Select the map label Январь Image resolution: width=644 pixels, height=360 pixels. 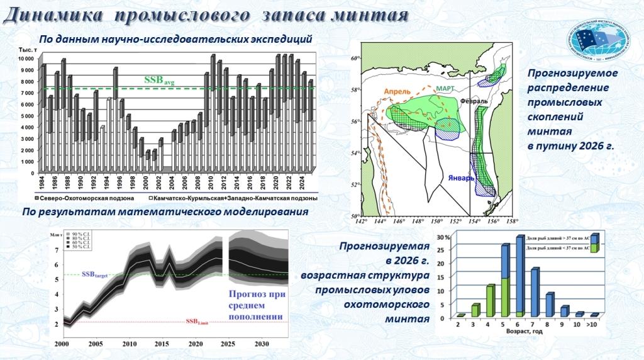[461, 178]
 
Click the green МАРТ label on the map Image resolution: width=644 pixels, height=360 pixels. [446, 89]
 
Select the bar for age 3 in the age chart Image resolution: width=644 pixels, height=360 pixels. [475, 310]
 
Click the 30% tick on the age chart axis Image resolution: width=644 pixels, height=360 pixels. [443, 238]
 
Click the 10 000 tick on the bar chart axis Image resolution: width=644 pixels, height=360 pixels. [26, 59]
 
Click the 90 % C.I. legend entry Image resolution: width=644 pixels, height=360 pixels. [80, 235]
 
